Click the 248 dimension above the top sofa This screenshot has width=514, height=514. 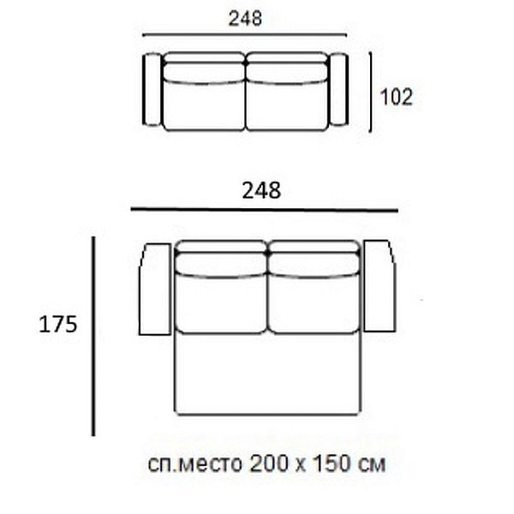[245, 18]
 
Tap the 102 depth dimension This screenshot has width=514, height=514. [397, 97]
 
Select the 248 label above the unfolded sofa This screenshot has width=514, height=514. [261, 190]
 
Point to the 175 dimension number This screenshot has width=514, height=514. [58, 325]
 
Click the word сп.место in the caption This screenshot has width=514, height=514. [194, 463]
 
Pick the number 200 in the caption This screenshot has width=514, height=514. [269, 463]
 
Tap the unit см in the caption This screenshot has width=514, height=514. [372, 465]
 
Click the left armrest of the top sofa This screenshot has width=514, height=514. [152, 89]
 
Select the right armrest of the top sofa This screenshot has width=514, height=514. [338, 89]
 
